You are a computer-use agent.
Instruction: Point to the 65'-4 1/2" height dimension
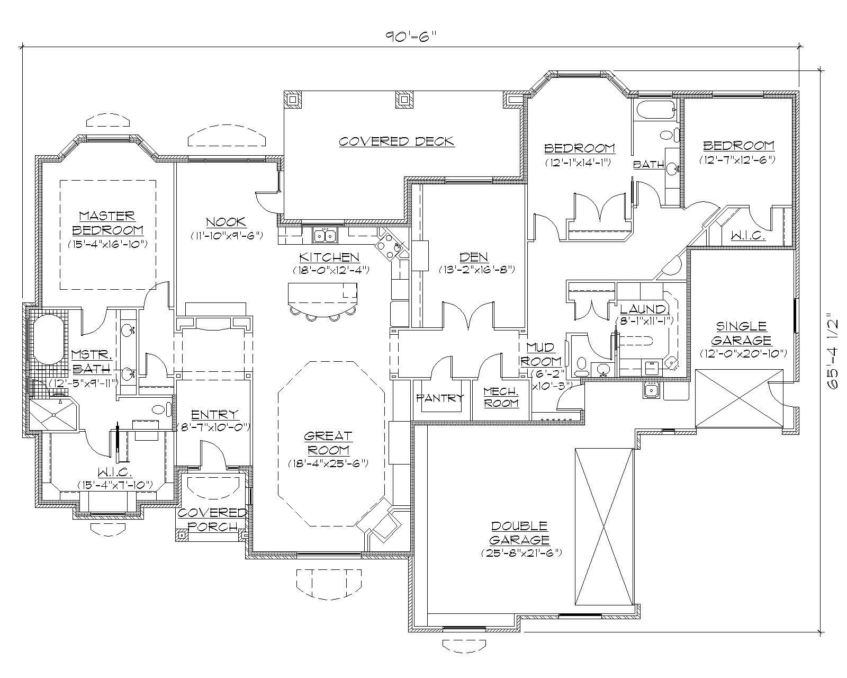point(834,353)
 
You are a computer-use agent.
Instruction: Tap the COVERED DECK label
point(396,141)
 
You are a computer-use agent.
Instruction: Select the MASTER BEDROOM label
point(107,223)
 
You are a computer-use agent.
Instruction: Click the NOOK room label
point(226,222)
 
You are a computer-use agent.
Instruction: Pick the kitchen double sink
point(325,235)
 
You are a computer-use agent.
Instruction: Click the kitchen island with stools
point(322,296)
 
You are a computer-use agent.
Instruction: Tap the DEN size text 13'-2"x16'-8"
point(476,269)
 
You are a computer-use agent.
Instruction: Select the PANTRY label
point(440,398)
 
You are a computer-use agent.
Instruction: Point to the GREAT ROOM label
point(328,443)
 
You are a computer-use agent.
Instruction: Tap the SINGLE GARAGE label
point(742,333)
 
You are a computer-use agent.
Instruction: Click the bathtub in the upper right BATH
point(655,111)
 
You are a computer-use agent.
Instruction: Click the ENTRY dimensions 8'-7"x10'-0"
point(214,427)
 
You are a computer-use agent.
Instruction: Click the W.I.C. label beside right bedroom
point(748,236)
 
